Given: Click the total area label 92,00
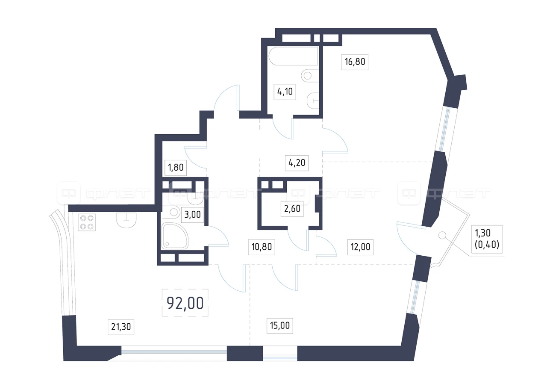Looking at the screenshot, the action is pos(185,303).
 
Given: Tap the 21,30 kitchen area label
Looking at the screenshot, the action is pos(121,327).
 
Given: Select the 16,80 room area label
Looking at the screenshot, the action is pos(355,62).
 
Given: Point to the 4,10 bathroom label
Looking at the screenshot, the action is pos(285,92).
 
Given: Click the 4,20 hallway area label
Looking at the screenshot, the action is pos(297,163).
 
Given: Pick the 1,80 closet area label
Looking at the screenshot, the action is pos(176,167).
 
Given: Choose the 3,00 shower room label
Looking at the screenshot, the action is pos(192,215).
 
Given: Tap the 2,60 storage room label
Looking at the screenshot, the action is pos(292,209).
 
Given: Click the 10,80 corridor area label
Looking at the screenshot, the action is pos(262,247).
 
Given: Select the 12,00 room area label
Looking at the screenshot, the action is pos(360,247).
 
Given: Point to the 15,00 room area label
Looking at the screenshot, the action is pos(280,325).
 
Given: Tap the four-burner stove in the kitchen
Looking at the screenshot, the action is pos(87,222).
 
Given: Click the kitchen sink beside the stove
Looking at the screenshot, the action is pos(126,220).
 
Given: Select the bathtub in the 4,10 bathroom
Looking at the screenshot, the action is pos(293,56).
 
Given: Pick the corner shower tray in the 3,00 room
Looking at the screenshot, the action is pos(174,236).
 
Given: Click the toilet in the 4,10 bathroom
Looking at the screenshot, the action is pos(313,100).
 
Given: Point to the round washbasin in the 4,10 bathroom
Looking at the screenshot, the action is pos(310,76).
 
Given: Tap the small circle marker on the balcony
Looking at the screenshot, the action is pos(442,235).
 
